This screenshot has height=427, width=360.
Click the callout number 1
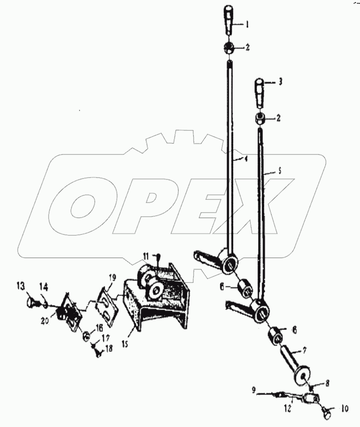[247, 25]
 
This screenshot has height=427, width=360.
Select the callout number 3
[280, 82]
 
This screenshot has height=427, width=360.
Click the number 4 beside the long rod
[245, 159]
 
